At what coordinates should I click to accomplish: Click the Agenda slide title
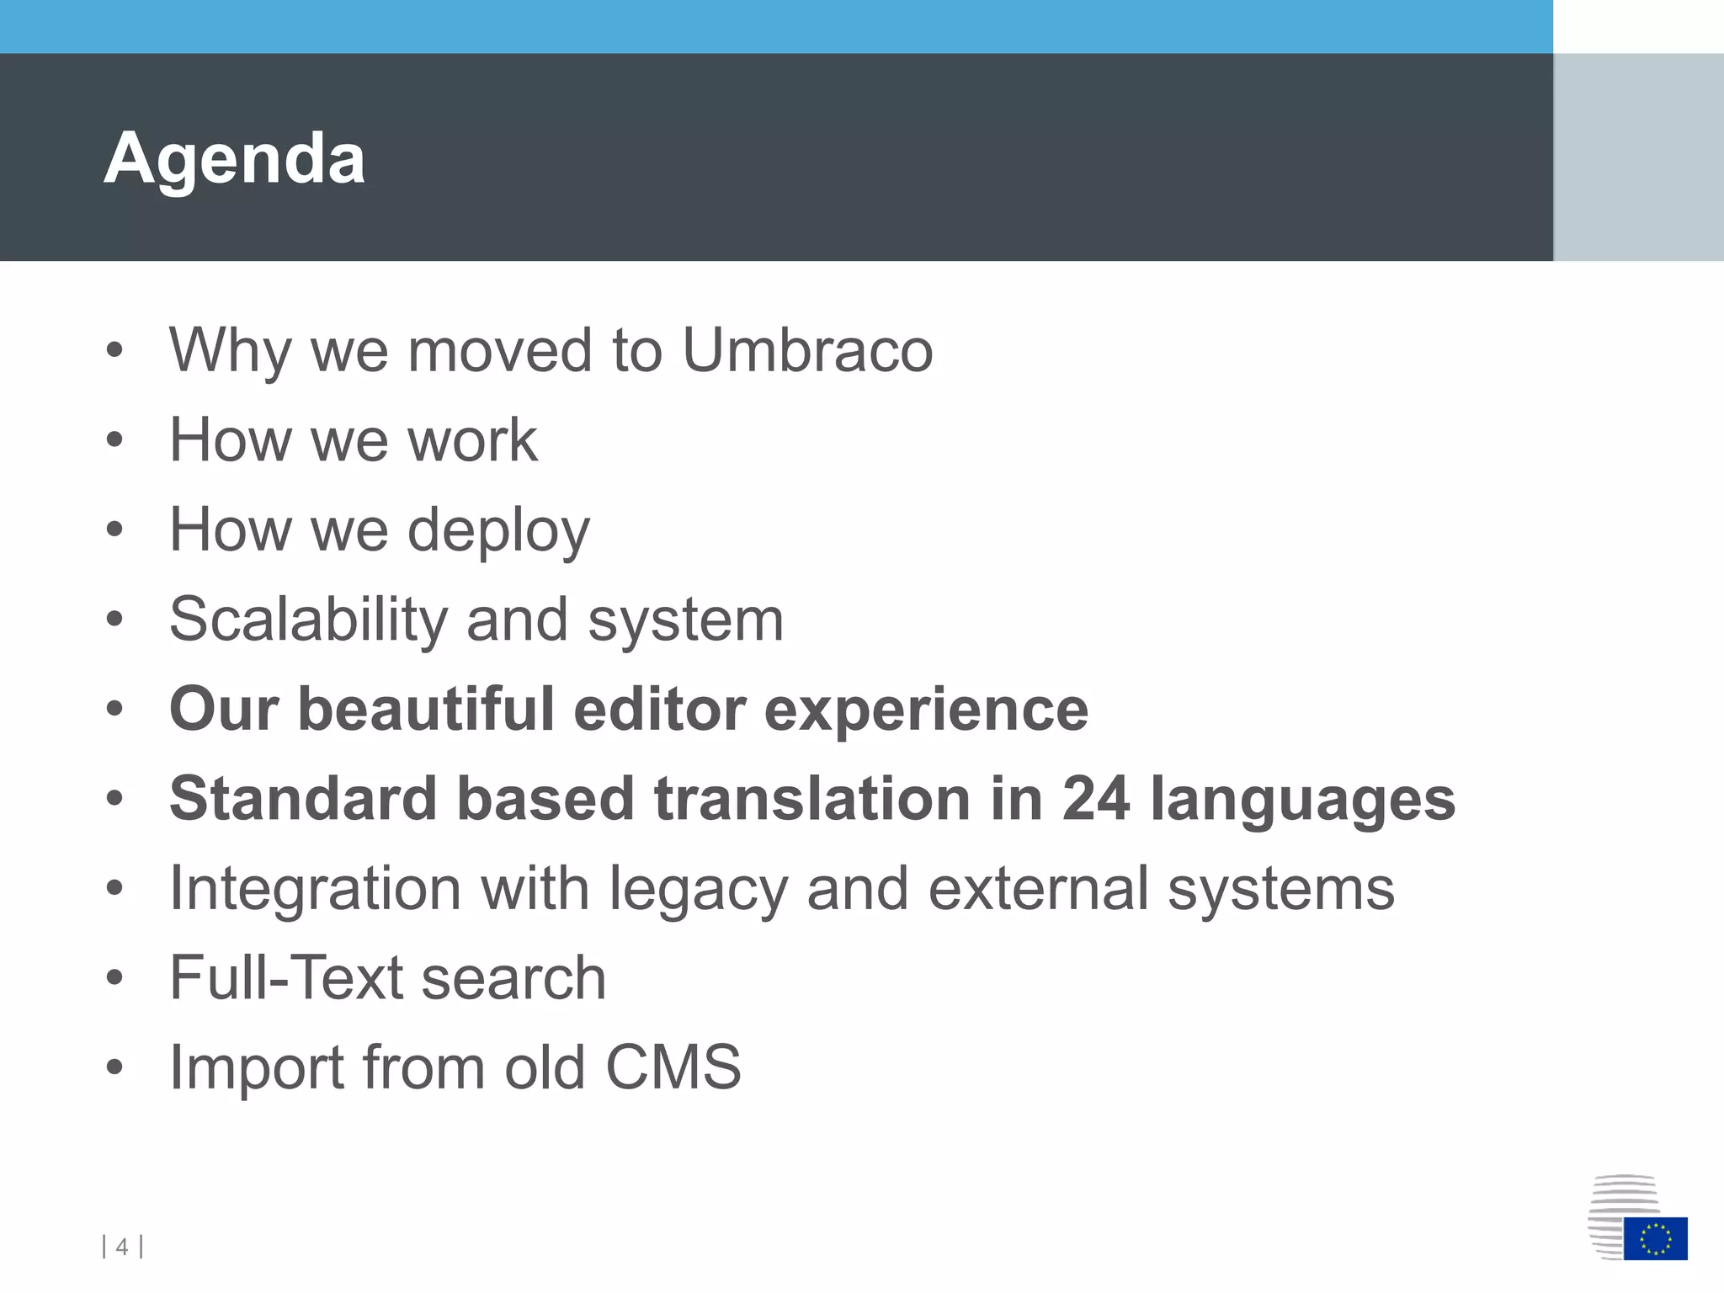[234, 158]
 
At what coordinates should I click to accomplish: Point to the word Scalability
[308, 620]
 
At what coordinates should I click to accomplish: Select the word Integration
[315, 891]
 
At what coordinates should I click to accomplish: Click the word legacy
[699, 891]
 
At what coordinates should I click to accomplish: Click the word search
[513, 978]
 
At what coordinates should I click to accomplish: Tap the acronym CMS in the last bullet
[673, 1067]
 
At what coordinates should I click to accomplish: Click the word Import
[256, 1069]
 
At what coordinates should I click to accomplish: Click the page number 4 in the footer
[122, 1247]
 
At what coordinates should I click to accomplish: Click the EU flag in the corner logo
[1655, 1238]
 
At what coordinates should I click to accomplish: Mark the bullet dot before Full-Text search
[115, 978]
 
